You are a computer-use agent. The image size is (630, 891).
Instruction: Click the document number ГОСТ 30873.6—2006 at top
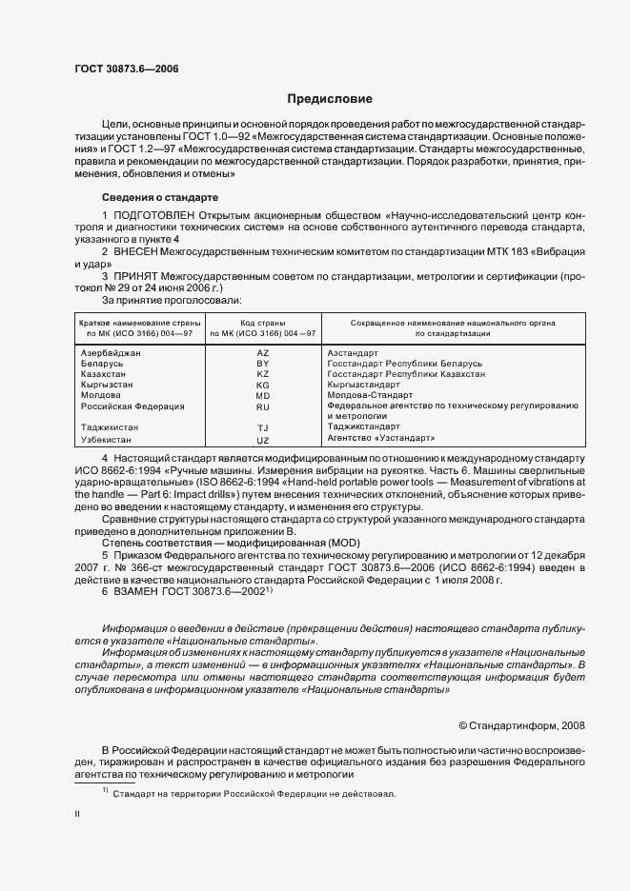pos(126,68)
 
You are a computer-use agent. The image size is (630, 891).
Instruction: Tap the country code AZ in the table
pos(263,352)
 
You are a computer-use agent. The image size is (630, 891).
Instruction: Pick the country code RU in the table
pos(263,406)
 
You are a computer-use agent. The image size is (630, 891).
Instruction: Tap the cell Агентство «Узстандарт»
pos(380,438)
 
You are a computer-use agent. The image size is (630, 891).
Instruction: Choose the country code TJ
pos(263,427)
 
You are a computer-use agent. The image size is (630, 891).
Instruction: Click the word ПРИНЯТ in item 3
pos(138,275)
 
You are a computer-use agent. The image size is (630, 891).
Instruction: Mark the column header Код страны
pos(263,324)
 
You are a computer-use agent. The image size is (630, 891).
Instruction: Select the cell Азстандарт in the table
pos(354,352)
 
